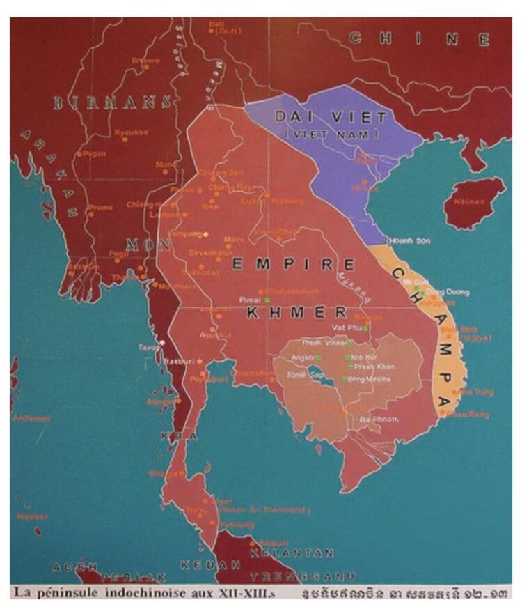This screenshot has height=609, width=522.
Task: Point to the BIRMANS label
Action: pos(112,102)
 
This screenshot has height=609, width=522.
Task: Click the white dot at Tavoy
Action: pos(162,342)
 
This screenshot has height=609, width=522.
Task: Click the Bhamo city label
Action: pos(145,61)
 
